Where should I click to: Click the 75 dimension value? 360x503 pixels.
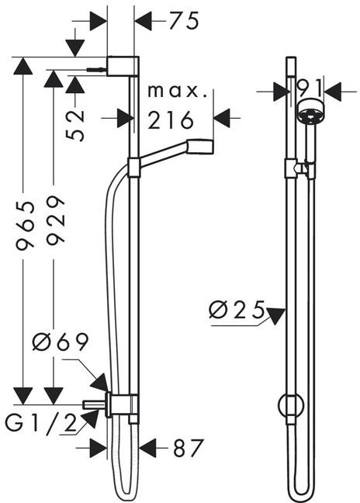click(x=184, y=21)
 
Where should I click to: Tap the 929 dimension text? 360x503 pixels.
click(x=55, y=220)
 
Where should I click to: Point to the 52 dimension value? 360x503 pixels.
click(x=76, y=125)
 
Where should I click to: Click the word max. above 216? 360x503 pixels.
click(x=177, y=92)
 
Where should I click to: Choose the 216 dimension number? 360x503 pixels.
click(x=171, y=120)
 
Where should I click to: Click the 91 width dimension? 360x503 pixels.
click(x=309, y=88)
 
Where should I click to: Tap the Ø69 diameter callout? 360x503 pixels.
click(x=60, y=342)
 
